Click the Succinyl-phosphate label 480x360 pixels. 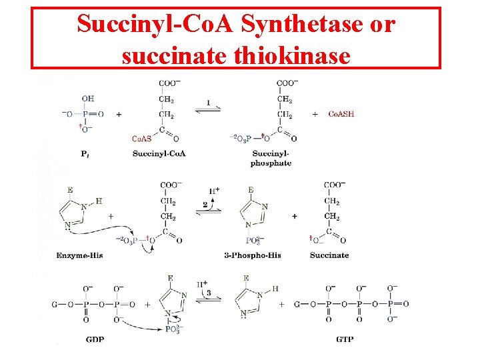(271, 158)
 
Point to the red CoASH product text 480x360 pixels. (341, 114)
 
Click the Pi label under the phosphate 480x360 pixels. (85, 154)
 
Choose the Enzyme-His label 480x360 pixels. (80, 255)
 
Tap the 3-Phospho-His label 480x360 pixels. (253, 255)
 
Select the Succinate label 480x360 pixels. (329, 255)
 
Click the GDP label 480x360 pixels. (95, 339)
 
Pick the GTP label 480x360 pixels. (345, 339)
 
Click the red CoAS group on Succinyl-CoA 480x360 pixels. (141, 139)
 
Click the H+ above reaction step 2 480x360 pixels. (215, 191)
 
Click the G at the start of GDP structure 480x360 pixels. (55, 305)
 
